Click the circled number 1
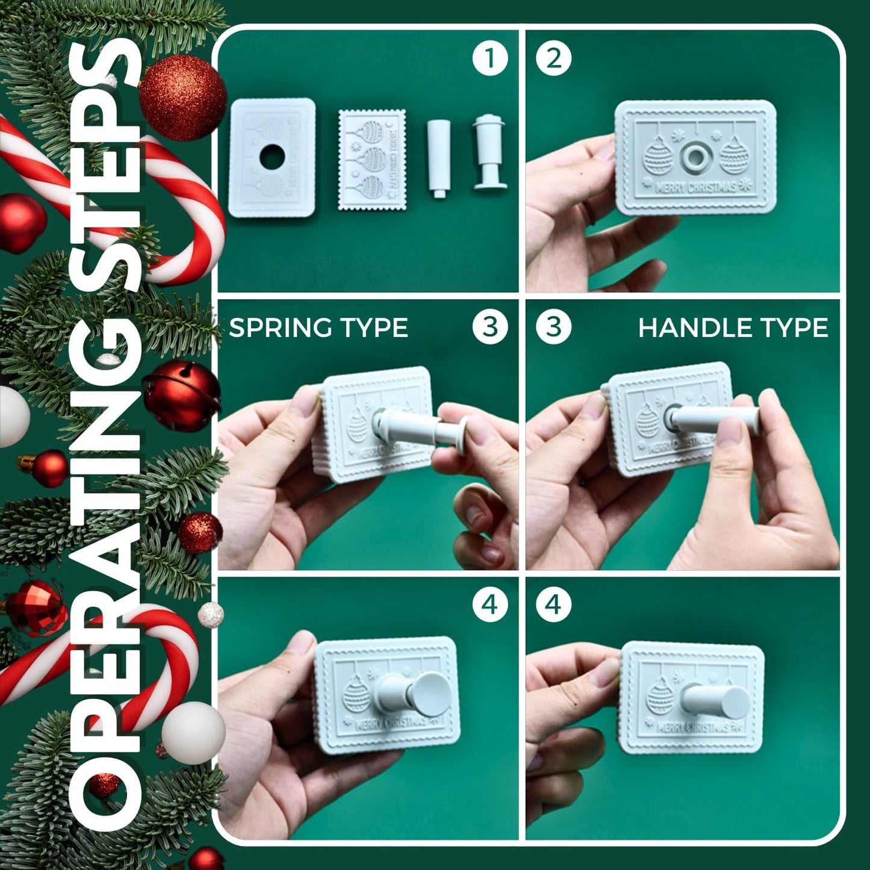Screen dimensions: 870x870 pyautogui.click(x=489, y=58)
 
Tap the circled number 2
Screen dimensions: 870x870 pyautogui.click(x=553, y=58)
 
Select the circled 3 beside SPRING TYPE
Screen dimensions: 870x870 pyautogui.click(x=489, y=327)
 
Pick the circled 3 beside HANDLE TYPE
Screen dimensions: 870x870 pyautogui.click(x=553, y=327)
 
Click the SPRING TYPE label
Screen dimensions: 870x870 pyautogui.click(x=318, y=328)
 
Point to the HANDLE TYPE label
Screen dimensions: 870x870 pyautogui.click(x=733, y=328)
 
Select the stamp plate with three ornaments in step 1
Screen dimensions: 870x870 pyautogui.click(x=371, y=160)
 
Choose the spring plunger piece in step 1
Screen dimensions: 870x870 pyautogui.click(x=488, y=154)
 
